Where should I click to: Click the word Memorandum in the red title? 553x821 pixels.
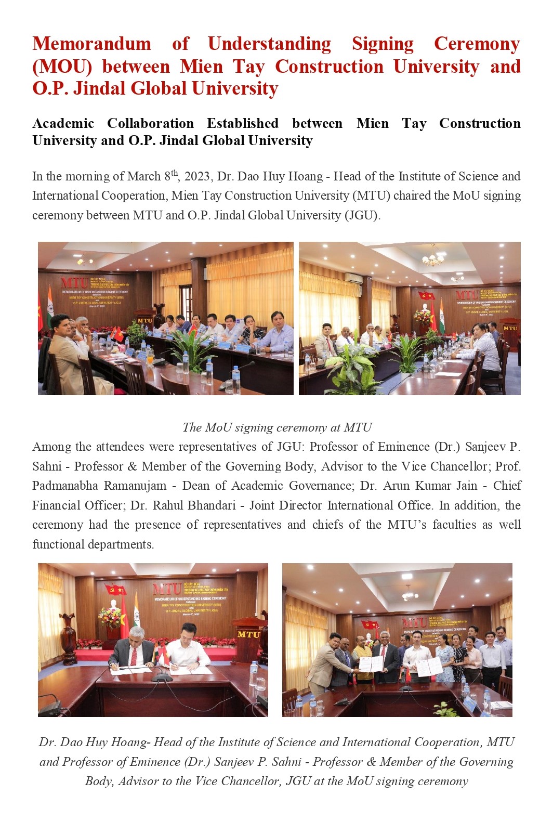pos(91,44)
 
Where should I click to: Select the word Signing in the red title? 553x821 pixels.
pos(383,44)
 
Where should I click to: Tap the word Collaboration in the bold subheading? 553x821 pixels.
pos(150,123)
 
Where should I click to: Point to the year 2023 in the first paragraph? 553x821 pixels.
pos(197,176)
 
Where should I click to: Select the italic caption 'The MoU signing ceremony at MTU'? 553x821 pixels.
pos(277,427)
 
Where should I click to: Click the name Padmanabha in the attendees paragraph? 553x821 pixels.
pos(65,486)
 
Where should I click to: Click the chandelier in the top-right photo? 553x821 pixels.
pos(433,258)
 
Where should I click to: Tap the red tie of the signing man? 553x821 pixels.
pos(134,655)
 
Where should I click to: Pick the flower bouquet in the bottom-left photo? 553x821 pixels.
pos(111,617)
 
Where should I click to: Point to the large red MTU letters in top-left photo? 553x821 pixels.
pos(74,282)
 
